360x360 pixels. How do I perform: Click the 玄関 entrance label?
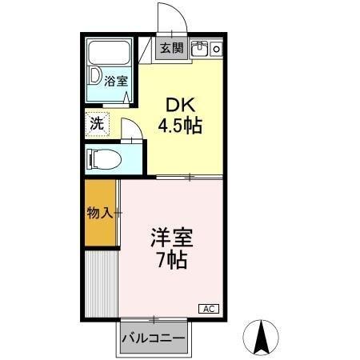tap(170, 48)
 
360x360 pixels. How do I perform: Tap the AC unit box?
tap(208, 308)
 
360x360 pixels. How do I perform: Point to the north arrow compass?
tap(262, 337)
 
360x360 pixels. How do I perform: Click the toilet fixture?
tap(104, 158)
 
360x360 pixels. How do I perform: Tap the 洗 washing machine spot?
tap(96, 124)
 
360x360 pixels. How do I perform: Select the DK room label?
tap(178, 104)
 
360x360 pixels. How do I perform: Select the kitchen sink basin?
tap(200, 49)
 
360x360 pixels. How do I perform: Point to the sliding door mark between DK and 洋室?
tap(190, 176)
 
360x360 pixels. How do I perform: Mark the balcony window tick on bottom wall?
tap(152, 319)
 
